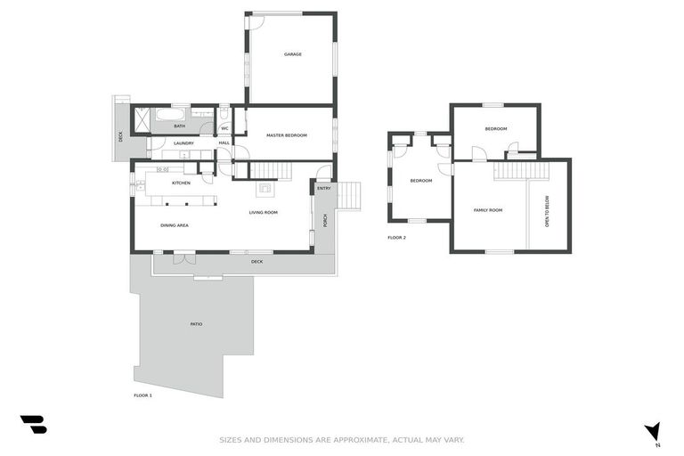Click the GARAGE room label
click(x=293, y=54)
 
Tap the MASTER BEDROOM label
click(x=287, y=135)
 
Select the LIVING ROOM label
click(x=264, y=212)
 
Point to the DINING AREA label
click(x=175, y=225)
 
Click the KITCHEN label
click(x=182, y=183)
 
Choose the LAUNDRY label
click(x=184, y=142)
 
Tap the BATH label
click(x=180, y=126)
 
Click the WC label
click(x=225, y=127)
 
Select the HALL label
click(x=224, y=142)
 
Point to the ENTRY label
click(x=324, y=188)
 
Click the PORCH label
click(x=326, y=220)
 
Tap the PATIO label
click(x=196, y=323)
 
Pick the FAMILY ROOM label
click(x=488, y=210)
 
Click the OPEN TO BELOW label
click(x=547, y=211)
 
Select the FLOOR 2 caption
click(x=396, y=238)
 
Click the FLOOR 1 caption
click(x=142, y=395)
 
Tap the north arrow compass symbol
click(x=654, y=431)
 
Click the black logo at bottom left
click(x=33, y=425)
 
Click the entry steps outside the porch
click(x=351, y=194)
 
